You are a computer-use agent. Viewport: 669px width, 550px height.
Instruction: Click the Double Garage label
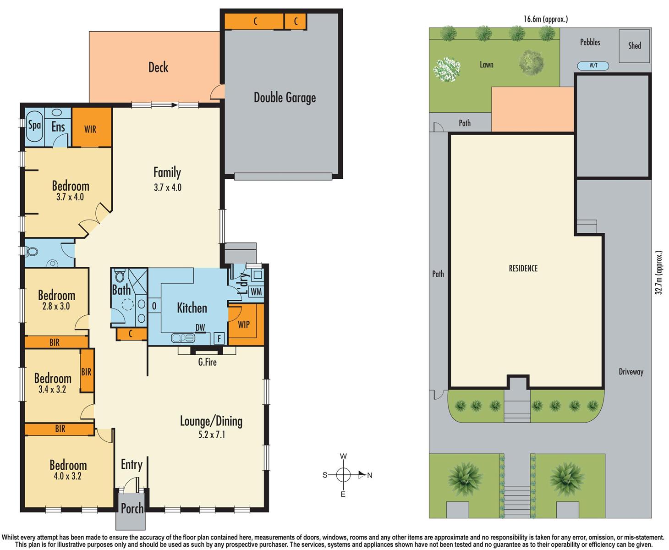click(285, 98)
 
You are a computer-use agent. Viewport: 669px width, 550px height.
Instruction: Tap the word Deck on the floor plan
click(158, 67)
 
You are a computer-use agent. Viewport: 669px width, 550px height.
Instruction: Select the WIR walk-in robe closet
click(90, 129)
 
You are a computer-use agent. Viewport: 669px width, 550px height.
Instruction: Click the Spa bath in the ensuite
click(34, 125)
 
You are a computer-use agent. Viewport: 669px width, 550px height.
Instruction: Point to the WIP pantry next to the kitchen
click(244, 324)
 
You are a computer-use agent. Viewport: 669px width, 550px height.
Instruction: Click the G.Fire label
click(207, 362)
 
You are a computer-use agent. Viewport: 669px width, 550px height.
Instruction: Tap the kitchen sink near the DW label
click(182, 338)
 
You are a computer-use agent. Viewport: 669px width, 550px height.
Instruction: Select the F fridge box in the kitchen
click(219, 339)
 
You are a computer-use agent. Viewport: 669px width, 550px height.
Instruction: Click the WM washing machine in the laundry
click(256, 291)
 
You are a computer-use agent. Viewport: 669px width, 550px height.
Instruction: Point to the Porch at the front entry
click(132, 508)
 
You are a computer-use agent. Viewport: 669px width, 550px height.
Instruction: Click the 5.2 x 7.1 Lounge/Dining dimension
click(211, 434)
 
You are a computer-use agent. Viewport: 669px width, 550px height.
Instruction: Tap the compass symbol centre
click(343, 475)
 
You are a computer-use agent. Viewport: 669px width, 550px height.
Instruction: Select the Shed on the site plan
click(634, 45)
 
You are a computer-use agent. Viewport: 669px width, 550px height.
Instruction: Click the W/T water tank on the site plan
click(593, 66)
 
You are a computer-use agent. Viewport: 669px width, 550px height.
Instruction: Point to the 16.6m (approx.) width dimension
click(545, 19)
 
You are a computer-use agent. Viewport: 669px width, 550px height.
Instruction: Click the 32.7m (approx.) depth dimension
click(659, 273)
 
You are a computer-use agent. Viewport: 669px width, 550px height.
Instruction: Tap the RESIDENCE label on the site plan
click(523, 269)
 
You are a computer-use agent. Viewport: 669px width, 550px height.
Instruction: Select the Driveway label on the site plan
click(631, 372)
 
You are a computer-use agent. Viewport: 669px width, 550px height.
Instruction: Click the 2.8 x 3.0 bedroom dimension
click(56, 306)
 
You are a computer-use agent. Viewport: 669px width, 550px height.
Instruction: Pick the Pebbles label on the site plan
click(590, 42)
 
